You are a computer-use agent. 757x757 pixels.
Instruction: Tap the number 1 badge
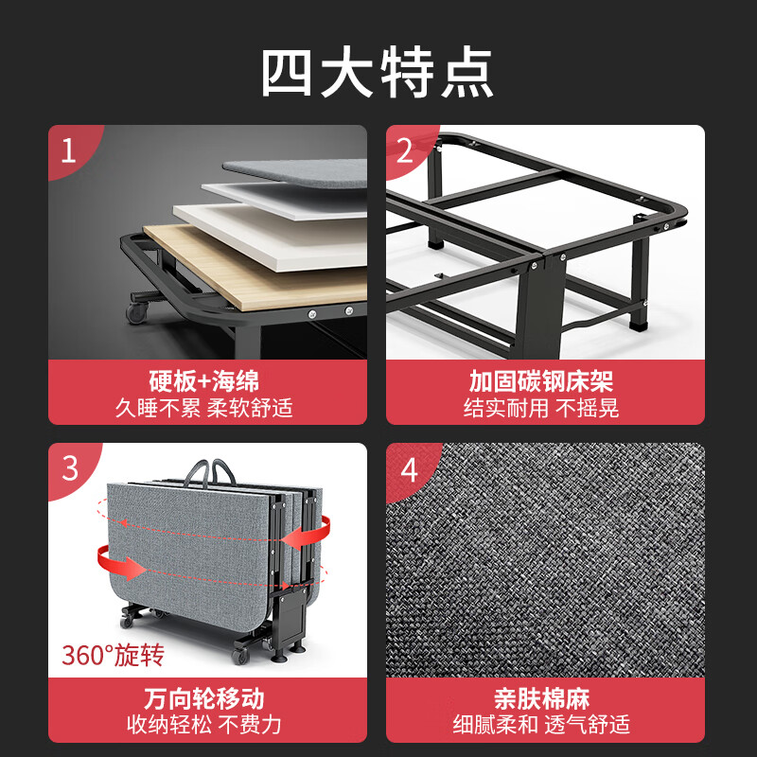pyautogui.click(x=68, y=150)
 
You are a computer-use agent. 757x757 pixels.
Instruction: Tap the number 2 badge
pyautogui.click(x=406, y=150)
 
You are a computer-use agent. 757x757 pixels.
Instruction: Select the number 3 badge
pyautogui.click(x=69, y=468)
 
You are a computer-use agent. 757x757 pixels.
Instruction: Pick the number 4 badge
pyautogui.click(x=408, y=468)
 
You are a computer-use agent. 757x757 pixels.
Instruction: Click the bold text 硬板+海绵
pyautogui.click(x=206, y=381)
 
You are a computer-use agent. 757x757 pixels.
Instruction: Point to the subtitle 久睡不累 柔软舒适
pyautogui.click(x=206, y=408)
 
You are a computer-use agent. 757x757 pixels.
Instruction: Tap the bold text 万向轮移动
pyautogui.click(x=206, y=699)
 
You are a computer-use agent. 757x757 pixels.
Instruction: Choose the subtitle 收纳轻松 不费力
pyautogui.click(x=206, y=726)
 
